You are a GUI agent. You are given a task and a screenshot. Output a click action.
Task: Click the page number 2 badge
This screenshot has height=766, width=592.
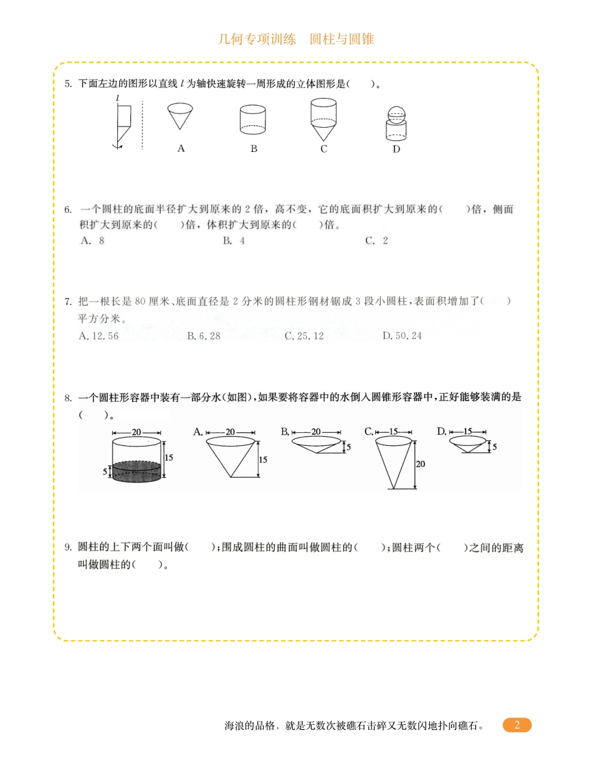517,725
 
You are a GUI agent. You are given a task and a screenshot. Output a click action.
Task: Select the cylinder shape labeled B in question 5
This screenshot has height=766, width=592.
253,120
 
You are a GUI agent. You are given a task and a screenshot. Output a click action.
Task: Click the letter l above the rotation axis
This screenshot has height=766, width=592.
117,98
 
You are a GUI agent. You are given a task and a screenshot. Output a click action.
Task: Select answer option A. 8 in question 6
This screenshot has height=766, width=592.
93,241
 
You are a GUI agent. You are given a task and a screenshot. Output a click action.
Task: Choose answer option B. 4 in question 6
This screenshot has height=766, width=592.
234,241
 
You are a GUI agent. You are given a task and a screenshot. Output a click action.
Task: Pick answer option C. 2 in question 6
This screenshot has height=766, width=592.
376,241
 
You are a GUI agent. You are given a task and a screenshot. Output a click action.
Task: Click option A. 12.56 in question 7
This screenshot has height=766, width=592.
99,336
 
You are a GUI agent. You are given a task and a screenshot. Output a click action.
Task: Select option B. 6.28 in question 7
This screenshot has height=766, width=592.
204,336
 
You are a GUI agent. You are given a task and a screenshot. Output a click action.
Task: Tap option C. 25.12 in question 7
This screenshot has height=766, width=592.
304,336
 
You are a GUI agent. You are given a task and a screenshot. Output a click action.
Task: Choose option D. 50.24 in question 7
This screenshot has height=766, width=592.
402,336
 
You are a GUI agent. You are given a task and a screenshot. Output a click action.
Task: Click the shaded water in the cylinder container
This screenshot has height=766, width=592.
136,471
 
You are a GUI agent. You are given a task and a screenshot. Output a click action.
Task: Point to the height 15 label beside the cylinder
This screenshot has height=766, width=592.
169,457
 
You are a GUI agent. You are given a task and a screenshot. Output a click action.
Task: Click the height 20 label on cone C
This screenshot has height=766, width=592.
420,464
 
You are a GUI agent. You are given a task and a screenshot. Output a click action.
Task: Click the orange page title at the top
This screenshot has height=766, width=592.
296,39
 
